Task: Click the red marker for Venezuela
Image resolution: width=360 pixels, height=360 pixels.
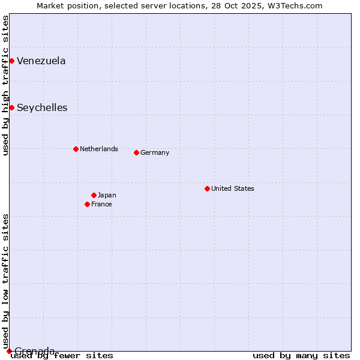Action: tap(11, 61)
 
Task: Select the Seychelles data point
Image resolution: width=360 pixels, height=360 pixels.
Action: tap(11, 107)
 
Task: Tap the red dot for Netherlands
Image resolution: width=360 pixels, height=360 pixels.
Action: tap(76, 149)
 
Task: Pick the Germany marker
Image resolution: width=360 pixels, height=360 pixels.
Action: tap(136, 152)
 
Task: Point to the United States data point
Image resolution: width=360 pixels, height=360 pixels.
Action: tap(207, 188)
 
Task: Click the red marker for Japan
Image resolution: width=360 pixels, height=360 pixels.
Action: tap(94, 195)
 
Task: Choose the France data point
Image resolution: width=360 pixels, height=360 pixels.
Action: tap(87, 204)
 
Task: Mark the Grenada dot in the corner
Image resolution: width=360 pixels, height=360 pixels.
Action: tap(9, 351)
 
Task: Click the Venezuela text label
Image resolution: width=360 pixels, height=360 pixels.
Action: tap(41, 61)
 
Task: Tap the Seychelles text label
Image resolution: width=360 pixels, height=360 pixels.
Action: tap(42, 108)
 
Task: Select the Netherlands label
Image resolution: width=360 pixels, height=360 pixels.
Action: tap(99, 149)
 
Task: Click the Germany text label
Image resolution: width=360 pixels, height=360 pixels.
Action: tap(155, 152)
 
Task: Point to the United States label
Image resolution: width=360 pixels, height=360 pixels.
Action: tap(233, 188)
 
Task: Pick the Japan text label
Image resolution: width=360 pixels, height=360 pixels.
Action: tap(107, 195)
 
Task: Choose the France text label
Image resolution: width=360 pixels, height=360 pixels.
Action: tap(101, 204)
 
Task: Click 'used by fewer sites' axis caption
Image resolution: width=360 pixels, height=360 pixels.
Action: tap(62, 356)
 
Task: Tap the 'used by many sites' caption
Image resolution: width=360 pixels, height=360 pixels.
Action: tap(301, 356)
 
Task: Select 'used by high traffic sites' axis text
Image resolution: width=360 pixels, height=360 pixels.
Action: tap(5, 85)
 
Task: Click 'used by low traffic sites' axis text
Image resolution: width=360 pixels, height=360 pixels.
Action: tap(5, 281)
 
